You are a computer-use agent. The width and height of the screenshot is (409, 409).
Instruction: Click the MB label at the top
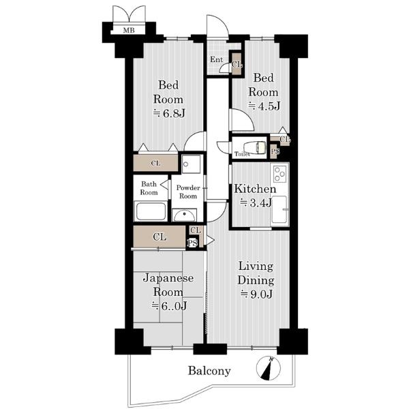coord(129,30)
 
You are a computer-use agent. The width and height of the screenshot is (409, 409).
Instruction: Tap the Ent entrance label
coord(217,59)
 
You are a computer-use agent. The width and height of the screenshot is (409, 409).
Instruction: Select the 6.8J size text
coord(169,113)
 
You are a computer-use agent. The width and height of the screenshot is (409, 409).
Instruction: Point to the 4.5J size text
coord(264,106)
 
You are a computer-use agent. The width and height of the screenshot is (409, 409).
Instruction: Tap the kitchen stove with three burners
coord(280,174)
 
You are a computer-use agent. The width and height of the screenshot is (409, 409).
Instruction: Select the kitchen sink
coord(279,209)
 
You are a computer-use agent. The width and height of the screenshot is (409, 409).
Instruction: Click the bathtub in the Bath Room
coord(151,211)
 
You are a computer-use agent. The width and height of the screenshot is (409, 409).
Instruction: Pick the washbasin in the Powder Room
coord(184,215)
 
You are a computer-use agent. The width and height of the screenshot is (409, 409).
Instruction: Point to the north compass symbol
coord(269,368)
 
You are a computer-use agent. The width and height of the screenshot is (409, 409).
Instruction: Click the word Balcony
coord(209,371)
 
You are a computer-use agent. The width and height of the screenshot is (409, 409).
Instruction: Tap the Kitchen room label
coord(255,189)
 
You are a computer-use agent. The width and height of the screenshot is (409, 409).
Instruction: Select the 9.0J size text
coord(257,294)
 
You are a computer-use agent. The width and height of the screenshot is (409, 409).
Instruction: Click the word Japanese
coord(168,278)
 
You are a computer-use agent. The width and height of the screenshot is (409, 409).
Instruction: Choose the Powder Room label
coord(188,192)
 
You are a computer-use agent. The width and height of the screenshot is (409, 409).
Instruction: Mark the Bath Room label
coord(149,188)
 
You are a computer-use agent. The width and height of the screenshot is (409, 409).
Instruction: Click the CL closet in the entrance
coord(237,65)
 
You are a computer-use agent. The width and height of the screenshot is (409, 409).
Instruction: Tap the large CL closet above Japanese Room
coord(160,237)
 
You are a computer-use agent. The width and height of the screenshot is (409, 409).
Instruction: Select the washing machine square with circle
coord(191,164)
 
